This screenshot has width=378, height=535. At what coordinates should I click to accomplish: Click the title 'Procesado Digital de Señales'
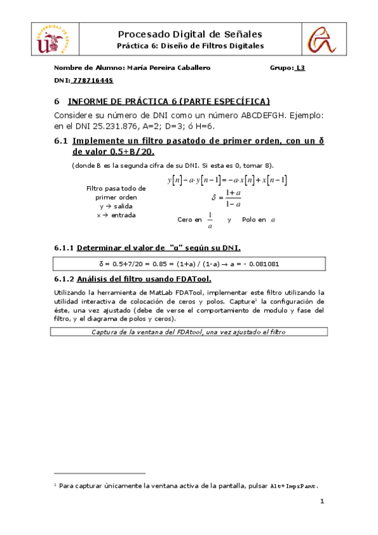(190, 34)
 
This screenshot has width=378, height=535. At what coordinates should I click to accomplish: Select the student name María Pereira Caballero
(168, 68)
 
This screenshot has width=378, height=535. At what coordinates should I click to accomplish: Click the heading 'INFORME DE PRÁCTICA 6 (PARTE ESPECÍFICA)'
(168, 101)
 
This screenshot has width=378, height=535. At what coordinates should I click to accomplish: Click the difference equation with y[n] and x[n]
(227, 180)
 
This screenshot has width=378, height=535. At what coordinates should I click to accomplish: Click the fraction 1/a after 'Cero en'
(210, 220)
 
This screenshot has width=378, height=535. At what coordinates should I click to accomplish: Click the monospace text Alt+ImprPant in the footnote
(293, 486)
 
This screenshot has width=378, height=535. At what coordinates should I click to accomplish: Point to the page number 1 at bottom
(322, 502)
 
